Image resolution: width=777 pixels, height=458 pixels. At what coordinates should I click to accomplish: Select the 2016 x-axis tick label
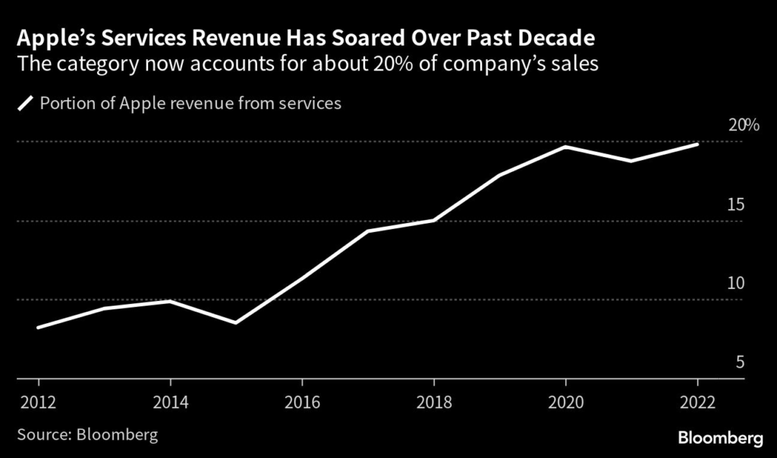302,401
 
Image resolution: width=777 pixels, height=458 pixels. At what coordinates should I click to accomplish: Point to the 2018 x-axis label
433,401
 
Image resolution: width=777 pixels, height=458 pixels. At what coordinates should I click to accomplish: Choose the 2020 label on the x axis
565,401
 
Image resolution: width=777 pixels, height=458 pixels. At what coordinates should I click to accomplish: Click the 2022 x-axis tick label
697,401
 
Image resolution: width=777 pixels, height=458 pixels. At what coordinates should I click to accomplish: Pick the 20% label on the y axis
743,125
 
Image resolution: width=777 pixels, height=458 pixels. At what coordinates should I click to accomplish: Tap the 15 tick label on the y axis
735,205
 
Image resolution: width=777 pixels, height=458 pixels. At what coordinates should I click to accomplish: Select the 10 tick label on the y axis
735,284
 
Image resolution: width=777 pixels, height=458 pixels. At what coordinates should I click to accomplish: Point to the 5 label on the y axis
739,362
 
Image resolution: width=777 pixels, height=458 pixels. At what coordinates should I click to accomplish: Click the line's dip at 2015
236,323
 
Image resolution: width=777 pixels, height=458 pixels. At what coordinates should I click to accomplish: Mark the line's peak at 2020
565,146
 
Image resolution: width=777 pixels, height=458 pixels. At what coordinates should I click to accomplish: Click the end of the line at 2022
697,144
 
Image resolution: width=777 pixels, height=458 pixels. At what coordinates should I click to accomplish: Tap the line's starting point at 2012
38,328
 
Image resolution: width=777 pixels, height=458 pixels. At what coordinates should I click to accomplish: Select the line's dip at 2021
631,161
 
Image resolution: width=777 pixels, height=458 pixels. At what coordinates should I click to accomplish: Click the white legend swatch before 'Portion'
26,104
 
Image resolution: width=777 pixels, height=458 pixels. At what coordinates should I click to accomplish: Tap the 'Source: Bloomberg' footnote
87,435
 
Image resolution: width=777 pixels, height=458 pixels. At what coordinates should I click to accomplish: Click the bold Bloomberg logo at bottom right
720,438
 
